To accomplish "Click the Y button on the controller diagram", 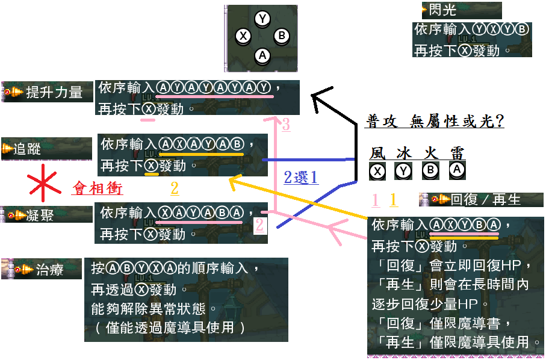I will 262,19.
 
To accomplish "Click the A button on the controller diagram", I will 262,56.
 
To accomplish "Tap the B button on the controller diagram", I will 281,36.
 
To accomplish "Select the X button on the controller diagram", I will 243,36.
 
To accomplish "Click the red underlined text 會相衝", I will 98,188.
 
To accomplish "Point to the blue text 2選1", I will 300,177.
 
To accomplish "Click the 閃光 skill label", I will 442,10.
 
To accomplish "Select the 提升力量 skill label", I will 54,92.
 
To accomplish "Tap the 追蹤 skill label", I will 28,148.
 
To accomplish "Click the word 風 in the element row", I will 377,153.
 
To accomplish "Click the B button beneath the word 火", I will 430,172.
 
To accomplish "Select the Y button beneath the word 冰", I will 403,172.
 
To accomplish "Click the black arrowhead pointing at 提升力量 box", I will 319,96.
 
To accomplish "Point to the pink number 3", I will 286,125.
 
